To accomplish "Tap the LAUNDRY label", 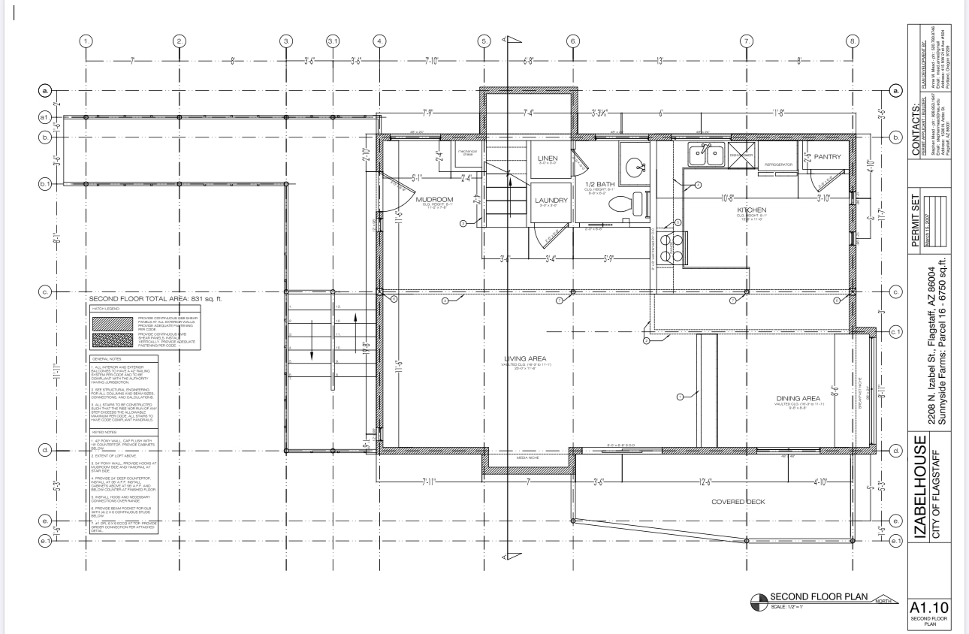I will click(x=551, y=201).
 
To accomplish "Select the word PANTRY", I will click(x=827, y=156).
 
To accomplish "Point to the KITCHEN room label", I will click(x=751, y=210).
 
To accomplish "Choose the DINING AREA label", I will click(x=798, y=398).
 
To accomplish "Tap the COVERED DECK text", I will click(x=738, y=502).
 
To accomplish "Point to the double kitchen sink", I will click(x=705, y=155).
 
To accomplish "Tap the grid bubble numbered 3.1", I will click(x=334, y=41).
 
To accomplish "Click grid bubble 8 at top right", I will click(x=852, y=41).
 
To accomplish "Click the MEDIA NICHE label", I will click(x=529, y=457).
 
